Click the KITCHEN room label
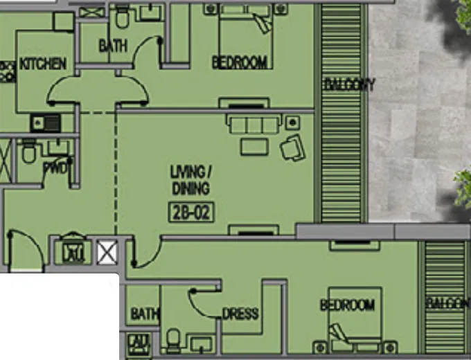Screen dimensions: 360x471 click(43, 64)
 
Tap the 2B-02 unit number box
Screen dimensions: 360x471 click(190, 212)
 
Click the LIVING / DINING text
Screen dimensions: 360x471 click(190, 179)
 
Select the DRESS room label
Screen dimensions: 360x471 click(240, 314)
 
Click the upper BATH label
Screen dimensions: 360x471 click(113, 46)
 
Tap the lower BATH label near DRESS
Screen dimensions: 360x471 click(144, 314)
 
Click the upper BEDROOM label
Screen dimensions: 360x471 click(239, 63)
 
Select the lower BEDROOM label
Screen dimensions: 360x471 click(347, 305)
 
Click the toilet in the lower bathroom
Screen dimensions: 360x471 click(173, 340)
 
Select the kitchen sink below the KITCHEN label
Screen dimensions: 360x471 click(46, 124)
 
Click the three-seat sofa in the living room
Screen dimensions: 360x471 click(253, 124)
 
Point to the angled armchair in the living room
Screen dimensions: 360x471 click(292, 146)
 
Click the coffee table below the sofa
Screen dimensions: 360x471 click(254, 146)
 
